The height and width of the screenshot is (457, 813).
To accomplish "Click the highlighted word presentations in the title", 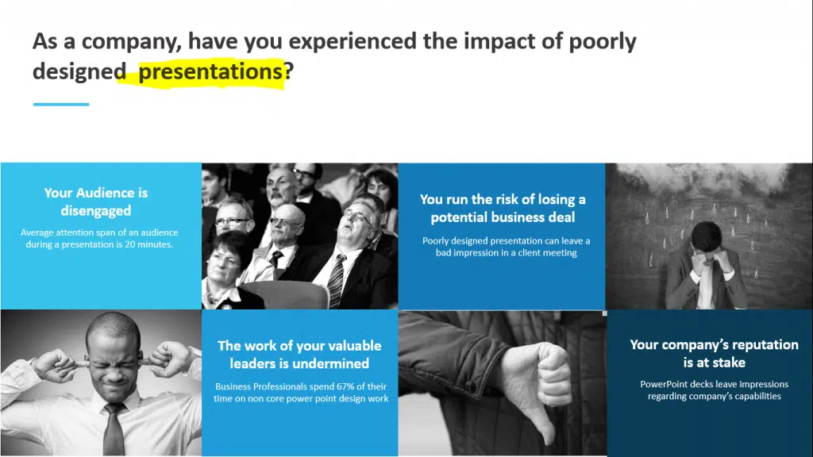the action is point(210,71).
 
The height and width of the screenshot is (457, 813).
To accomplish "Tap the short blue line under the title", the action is point(61,104).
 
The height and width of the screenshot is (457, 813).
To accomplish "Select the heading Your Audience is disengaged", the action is point(96,202).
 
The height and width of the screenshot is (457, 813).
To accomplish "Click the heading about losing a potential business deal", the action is point(503,209).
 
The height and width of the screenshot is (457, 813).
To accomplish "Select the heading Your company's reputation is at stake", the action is point(714,353).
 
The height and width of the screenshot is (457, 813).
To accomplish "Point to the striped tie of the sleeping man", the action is point(336,281).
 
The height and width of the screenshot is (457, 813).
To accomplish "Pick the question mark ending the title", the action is point(289,71).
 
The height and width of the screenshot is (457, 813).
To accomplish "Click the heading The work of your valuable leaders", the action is point(299,355).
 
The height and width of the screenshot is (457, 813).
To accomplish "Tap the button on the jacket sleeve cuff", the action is point(469,386).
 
